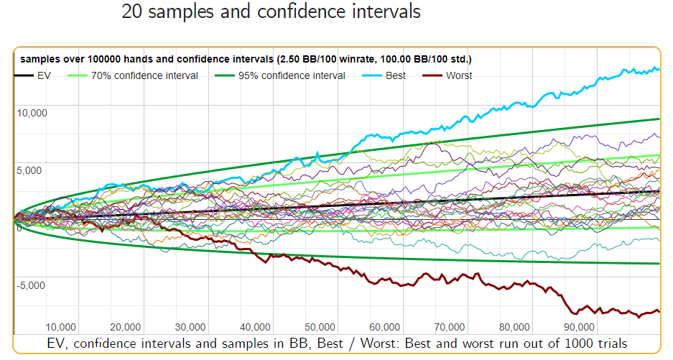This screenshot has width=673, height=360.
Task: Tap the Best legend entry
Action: coord(394,75)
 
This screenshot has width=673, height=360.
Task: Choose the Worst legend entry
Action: coord(459,75)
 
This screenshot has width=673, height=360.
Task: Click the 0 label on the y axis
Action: coord(19,229)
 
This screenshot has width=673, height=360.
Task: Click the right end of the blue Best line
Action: coord(659,68)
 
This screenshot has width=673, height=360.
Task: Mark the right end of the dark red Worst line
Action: coord(659,311)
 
